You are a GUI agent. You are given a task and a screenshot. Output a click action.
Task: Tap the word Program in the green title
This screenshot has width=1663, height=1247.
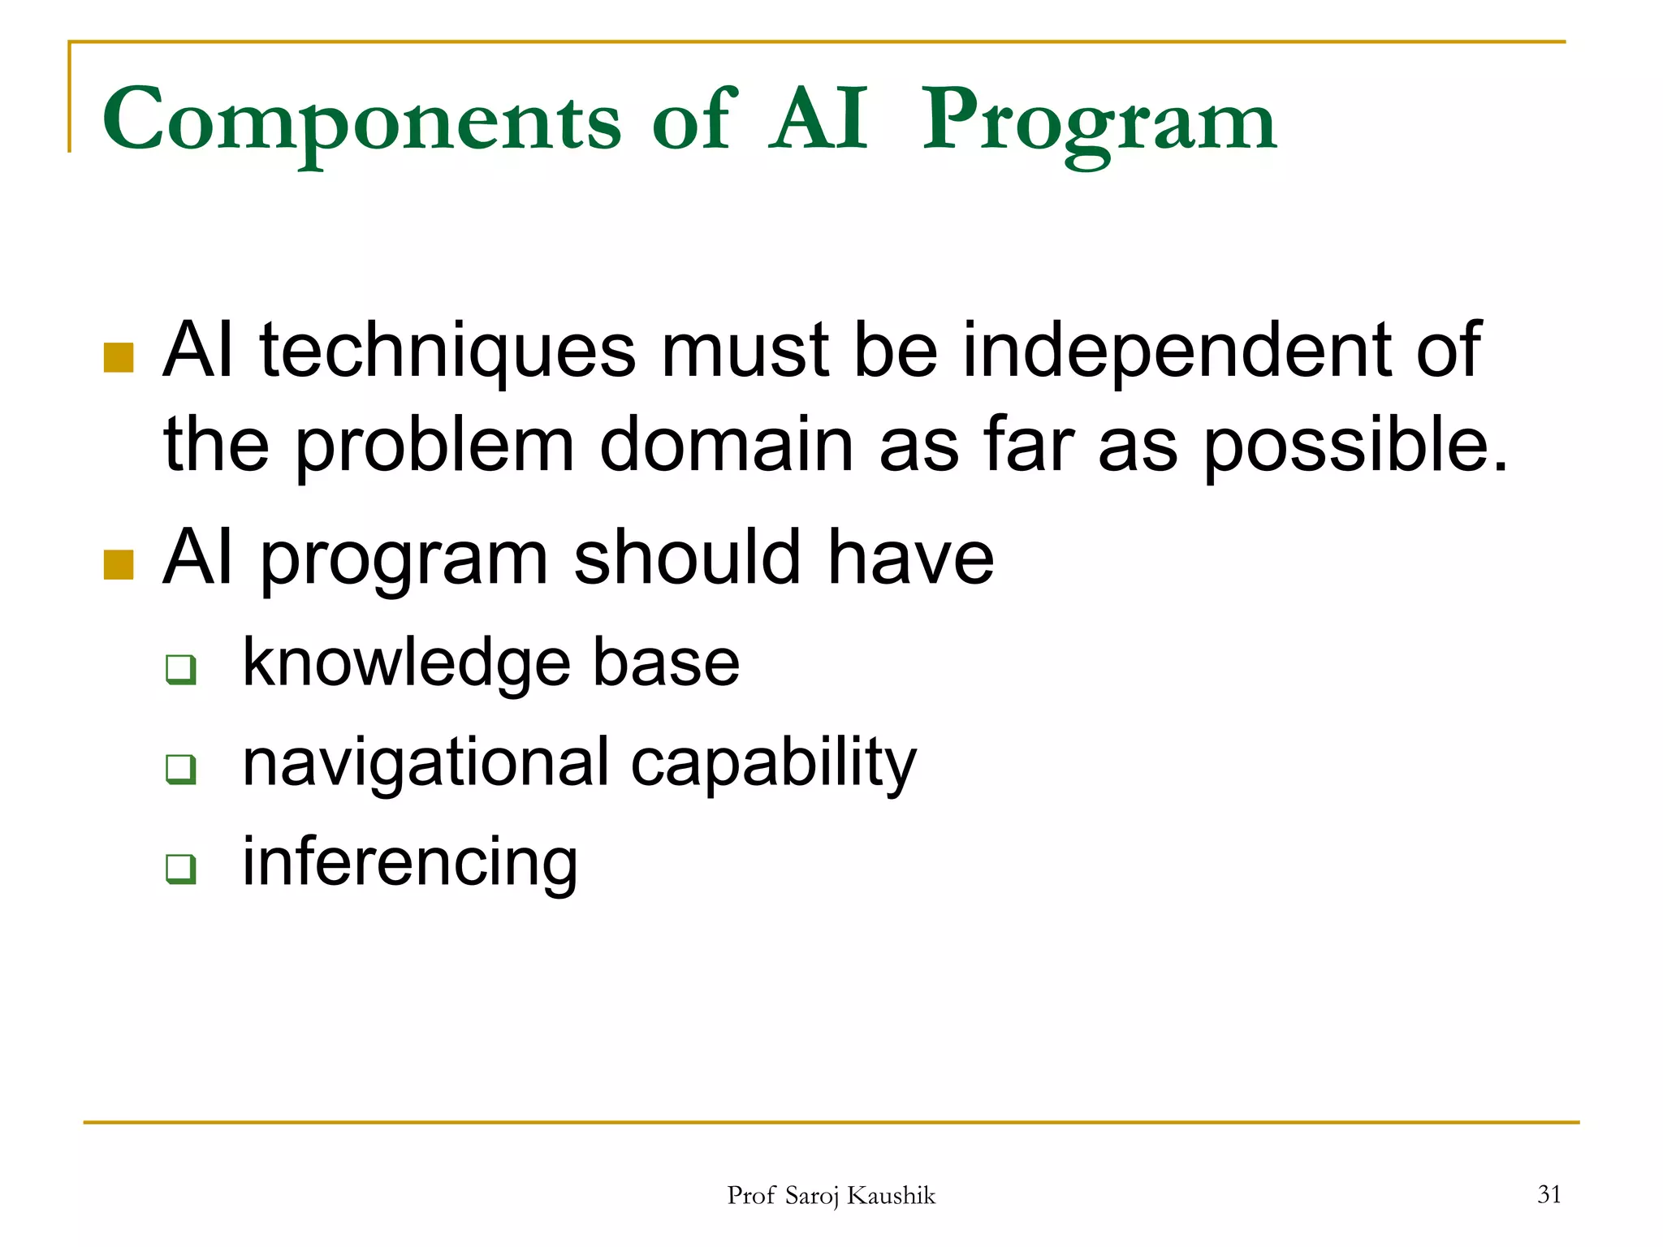(x=1099, y=122)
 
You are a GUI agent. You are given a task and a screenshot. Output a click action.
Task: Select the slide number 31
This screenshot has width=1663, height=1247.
(x=1549, y=1194)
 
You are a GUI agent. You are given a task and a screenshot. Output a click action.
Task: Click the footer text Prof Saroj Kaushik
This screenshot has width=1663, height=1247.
(x=831, y=1196)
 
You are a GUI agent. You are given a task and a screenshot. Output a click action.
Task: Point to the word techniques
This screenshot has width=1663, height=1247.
(x=447, y=351)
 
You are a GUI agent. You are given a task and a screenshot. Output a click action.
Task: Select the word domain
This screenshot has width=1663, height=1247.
(x=726, y=444)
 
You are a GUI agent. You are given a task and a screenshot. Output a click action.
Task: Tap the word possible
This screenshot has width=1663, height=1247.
(x=1354, y=446)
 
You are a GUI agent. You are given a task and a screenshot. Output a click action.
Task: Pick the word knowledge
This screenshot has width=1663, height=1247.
(x=406, y=663)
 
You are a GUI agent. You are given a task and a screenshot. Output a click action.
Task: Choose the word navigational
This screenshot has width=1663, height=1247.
(x=425, y=763)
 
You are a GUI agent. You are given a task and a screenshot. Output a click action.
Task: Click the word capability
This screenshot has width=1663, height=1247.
(x=773, y=763)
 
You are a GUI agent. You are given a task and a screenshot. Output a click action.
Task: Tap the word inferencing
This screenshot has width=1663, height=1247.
(x=410, y=862)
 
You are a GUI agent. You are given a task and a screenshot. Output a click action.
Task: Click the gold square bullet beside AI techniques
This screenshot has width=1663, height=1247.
(x=119, y=357)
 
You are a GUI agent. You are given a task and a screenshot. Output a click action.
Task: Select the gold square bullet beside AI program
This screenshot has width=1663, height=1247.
(x=119, y=564)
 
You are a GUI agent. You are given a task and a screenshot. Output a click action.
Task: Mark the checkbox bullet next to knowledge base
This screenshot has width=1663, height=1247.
(x=180, y=670)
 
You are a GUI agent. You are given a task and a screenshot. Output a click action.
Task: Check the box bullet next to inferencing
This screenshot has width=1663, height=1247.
(x=180, y=868)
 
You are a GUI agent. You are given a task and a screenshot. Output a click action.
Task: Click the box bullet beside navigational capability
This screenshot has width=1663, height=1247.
(x=180, y=769)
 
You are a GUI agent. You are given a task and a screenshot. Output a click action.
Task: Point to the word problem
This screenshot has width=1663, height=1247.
(x=434, y=446)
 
